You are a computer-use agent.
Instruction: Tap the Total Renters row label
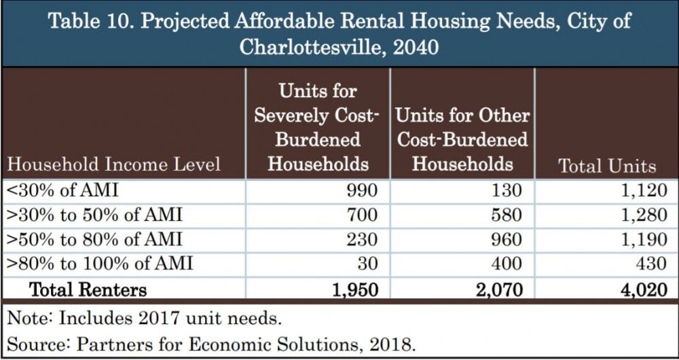88,290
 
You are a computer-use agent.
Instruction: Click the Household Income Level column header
113,164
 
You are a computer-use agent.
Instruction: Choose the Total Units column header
607,166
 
